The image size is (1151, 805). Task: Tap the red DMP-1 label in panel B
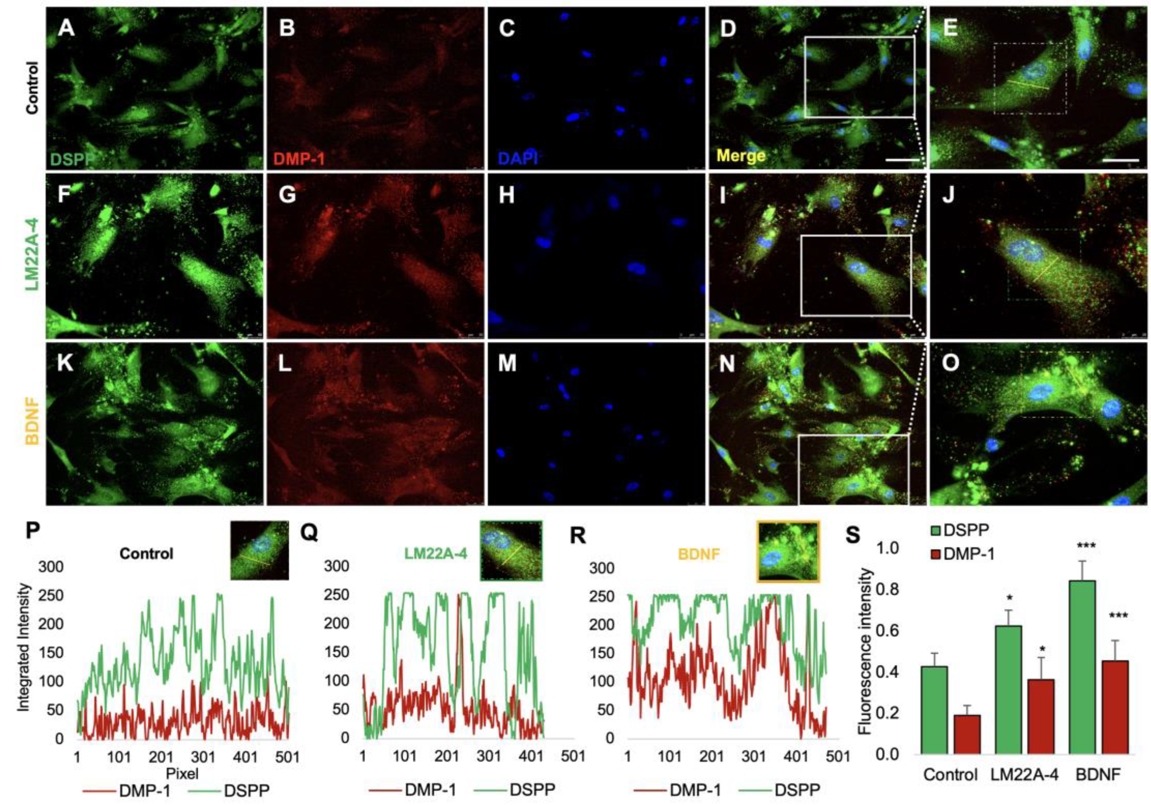coord(300,158)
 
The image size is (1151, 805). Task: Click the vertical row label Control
coord(32,87)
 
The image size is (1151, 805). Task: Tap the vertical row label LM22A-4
coord(32,256)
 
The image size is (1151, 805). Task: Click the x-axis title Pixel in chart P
coord(182,774)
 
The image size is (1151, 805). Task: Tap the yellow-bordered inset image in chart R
coord(788,551)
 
